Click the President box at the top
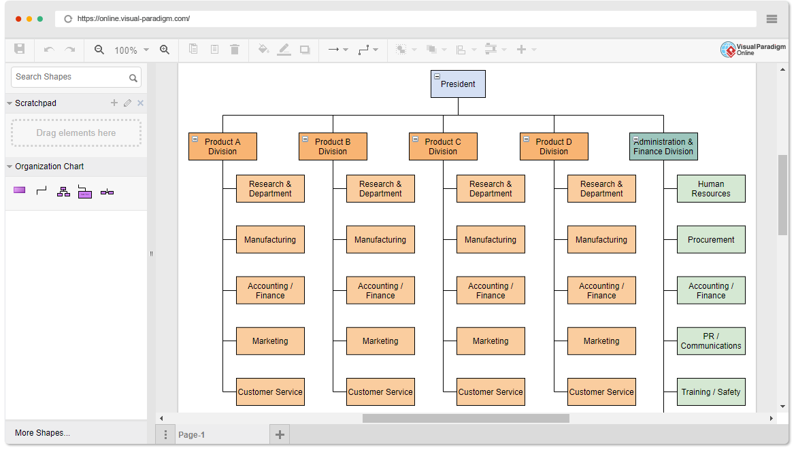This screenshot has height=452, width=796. [458, 84]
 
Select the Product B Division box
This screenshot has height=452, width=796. [333, 147]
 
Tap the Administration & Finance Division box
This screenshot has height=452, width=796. [663, 147]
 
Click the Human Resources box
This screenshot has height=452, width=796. [711, 189]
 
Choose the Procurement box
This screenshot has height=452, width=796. [711, 239]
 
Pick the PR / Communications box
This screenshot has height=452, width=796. [711, 341]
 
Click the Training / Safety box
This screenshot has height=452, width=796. [711, 392]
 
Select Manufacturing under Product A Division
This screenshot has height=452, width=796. [270, 239]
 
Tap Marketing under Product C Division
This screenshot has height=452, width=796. [491, 341]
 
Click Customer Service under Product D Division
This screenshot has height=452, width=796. [601, 392]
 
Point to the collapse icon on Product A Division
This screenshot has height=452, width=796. [195, 139]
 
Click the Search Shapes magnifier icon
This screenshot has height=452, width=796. [133, 78]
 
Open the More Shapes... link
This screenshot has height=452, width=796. [43, 433]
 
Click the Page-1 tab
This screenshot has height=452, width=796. [191, 435]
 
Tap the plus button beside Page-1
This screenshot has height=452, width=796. [280, 434]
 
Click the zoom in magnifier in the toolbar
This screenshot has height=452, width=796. [165, 49]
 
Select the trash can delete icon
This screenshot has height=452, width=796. [235, 49]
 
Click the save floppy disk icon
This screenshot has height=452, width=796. [19, 49]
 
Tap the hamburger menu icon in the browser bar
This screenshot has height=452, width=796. [772, 19]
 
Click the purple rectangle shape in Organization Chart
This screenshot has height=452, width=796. [19, 190]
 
